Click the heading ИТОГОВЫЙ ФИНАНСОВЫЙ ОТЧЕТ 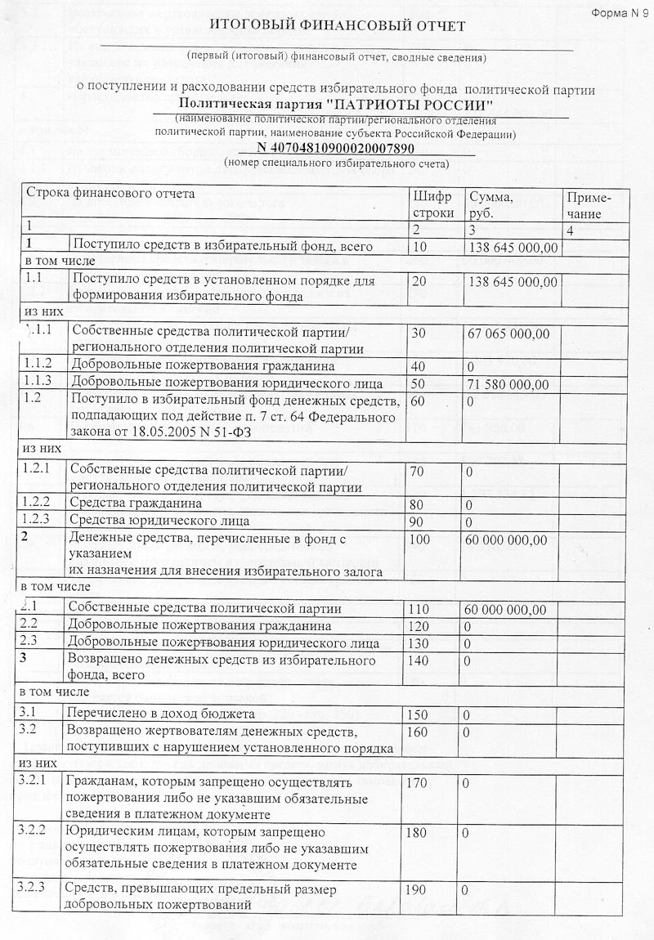coord(336,27)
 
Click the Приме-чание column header coord(586,205)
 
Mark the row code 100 coord(423,539)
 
